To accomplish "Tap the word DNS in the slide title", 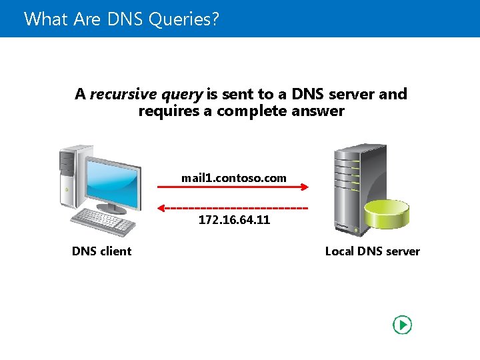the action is [120, 19].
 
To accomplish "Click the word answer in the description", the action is [318, 111].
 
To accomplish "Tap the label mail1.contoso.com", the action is [233, 178].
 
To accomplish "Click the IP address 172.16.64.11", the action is [234, 220].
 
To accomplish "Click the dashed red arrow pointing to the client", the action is [233, 208].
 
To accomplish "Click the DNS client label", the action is [101, 251].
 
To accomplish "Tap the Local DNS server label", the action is [372, 251].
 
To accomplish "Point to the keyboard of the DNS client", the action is [103, 220].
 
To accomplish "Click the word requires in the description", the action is [169, 111].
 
